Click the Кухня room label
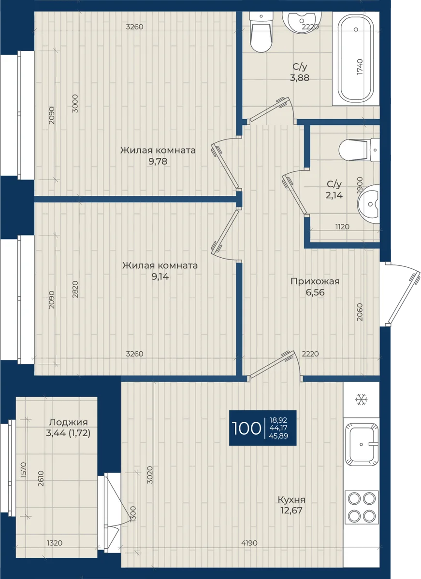291,500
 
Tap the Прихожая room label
315,281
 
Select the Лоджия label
68,422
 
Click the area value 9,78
158,162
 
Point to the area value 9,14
160,277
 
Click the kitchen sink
361,444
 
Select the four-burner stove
362,508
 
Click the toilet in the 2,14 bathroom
359,150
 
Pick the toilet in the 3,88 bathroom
261,32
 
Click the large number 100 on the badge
247,428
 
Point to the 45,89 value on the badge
278,436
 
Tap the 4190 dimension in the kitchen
249,541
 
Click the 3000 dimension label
75,103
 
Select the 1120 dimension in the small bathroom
342,227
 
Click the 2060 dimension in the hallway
360,312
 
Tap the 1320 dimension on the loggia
55,541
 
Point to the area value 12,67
291,510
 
